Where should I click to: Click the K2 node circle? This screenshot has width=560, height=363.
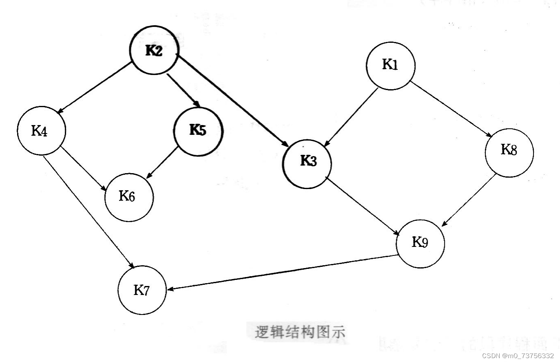click(x=154, y=51)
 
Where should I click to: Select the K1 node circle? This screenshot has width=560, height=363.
click(x=390, y=65)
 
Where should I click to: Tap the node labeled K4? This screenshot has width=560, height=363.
click(x=41, y=131)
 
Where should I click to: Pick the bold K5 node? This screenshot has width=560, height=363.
click(x=198, y=130)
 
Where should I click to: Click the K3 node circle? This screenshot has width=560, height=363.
click(x=307, y=162)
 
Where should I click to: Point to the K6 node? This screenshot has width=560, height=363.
click(x=129, y=197)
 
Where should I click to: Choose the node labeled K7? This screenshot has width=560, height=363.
click(x=142, y=290)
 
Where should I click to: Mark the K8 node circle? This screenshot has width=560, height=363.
click(x=509, y=152)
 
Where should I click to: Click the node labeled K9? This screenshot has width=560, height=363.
click(x=421, y=243)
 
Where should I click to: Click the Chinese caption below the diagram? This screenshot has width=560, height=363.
click(x=300, y=332)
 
